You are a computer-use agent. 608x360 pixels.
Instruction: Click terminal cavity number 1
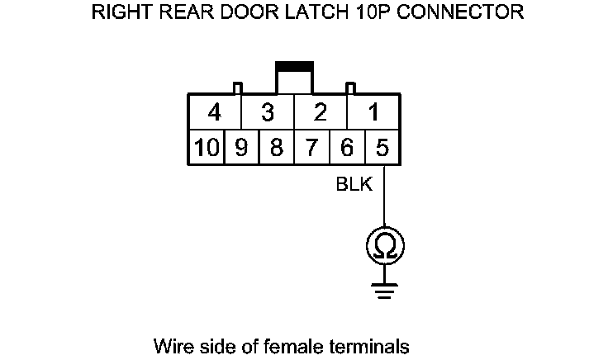point(373,112)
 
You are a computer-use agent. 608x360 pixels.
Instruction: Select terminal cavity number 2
point(321,112)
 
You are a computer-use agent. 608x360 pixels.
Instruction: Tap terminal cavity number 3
point(268,112)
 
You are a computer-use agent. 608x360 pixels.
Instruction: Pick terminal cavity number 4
point(215,112)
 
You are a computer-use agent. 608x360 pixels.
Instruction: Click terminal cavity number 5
point(382,148)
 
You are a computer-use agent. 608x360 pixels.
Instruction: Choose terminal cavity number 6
point(347,148)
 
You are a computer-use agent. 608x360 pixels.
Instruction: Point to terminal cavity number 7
point(312,148)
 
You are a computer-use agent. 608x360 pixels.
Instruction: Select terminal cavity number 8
point(277,148)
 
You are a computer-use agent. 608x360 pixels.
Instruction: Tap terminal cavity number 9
point(241,148)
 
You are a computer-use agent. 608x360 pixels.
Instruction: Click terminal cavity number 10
point(207,148)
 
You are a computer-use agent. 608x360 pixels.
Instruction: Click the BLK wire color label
point(354,185)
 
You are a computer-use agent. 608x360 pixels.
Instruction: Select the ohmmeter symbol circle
point(384,245)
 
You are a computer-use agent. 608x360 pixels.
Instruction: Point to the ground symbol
point(384,289)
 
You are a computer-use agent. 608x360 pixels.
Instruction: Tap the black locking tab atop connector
point(294,65)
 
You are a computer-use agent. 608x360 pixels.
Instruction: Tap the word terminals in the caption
point(369,344)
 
